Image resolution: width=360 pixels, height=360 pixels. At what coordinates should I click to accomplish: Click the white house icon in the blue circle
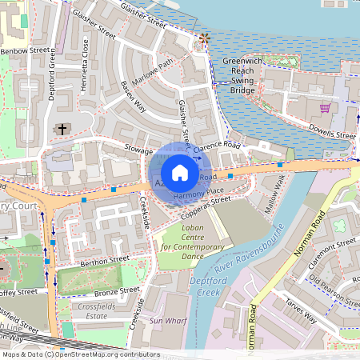[180, 173]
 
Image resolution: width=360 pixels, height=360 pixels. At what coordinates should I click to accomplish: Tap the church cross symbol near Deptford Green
[62, 128]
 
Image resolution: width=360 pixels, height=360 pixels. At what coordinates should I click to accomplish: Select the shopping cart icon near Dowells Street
[325, 107]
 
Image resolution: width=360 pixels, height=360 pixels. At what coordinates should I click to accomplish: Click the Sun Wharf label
[167, 320]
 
